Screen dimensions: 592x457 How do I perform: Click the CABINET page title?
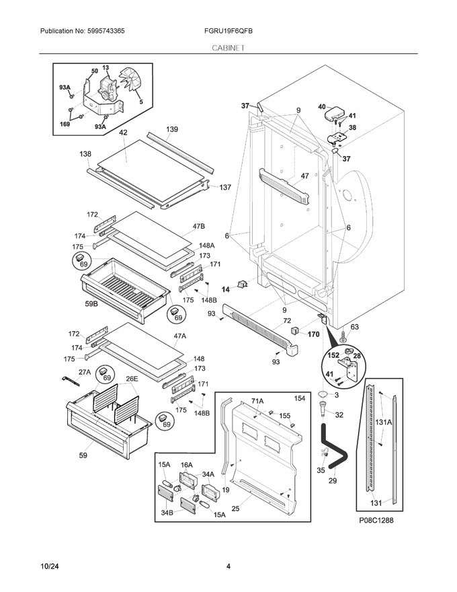click(x=228, y=48)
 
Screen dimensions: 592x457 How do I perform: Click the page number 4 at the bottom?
click(x=229, y=566)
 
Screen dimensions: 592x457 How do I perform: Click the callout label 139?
click(x=172, y=129)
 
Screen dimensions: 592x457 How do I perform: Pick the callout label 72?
click(x=287, y=322)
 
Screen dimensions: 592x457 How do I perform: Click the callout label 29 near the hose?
click(x=332, y=480)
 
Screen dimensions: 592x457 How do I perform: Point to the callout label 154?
click(x=299, y=399)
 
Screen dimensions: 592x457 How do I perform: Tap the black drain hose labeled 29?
click(x=335, y=448)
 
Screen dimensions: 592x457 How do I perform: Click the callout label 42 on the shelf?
click(x=123, y=133)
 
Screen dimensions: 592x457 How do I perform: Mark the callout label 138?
click(x=85, y=154)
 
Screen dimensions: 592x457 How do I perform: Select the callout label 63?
click(x=355, y=328)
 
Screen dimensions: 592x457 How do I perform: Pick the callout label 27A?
click(x=84, y=372)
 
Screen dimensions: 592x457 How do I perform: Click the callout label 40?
click(x=321, y=106)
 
